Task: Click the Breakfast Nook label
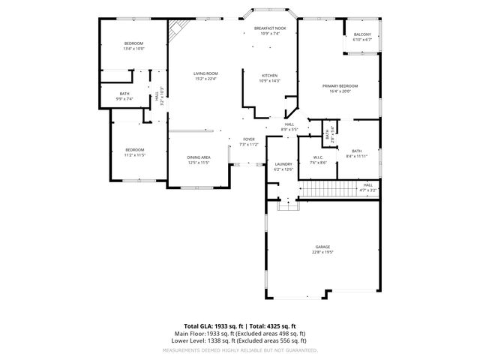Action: tap(270, 31)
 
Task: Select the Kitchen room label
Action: tap(270, 78)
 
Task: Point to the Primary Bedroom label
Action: tap(340, 88)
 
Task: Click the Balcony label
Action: tap(362, 37)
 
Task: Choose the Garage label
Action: tap(322, 250)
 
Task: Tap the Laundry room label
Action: tap(283, 166)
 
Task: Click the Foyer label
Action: tap(248, 142)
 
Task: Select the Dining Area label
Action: tap(199, 160)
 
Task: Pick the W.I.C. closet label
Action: tap(318, 160)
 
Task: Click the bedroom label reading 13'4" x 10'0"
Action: tap(133, 46)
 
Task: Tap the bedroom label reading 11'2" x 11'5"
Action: tap(134, 152)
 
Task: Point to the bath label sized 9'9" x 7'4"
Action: tap(124, 97)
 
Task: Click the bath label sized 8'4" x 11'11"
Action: tap(356, 154)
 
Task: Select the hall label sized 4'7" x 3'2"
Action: tap(367, 187)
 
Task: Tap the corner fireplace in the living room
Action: tap(177, 31)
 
